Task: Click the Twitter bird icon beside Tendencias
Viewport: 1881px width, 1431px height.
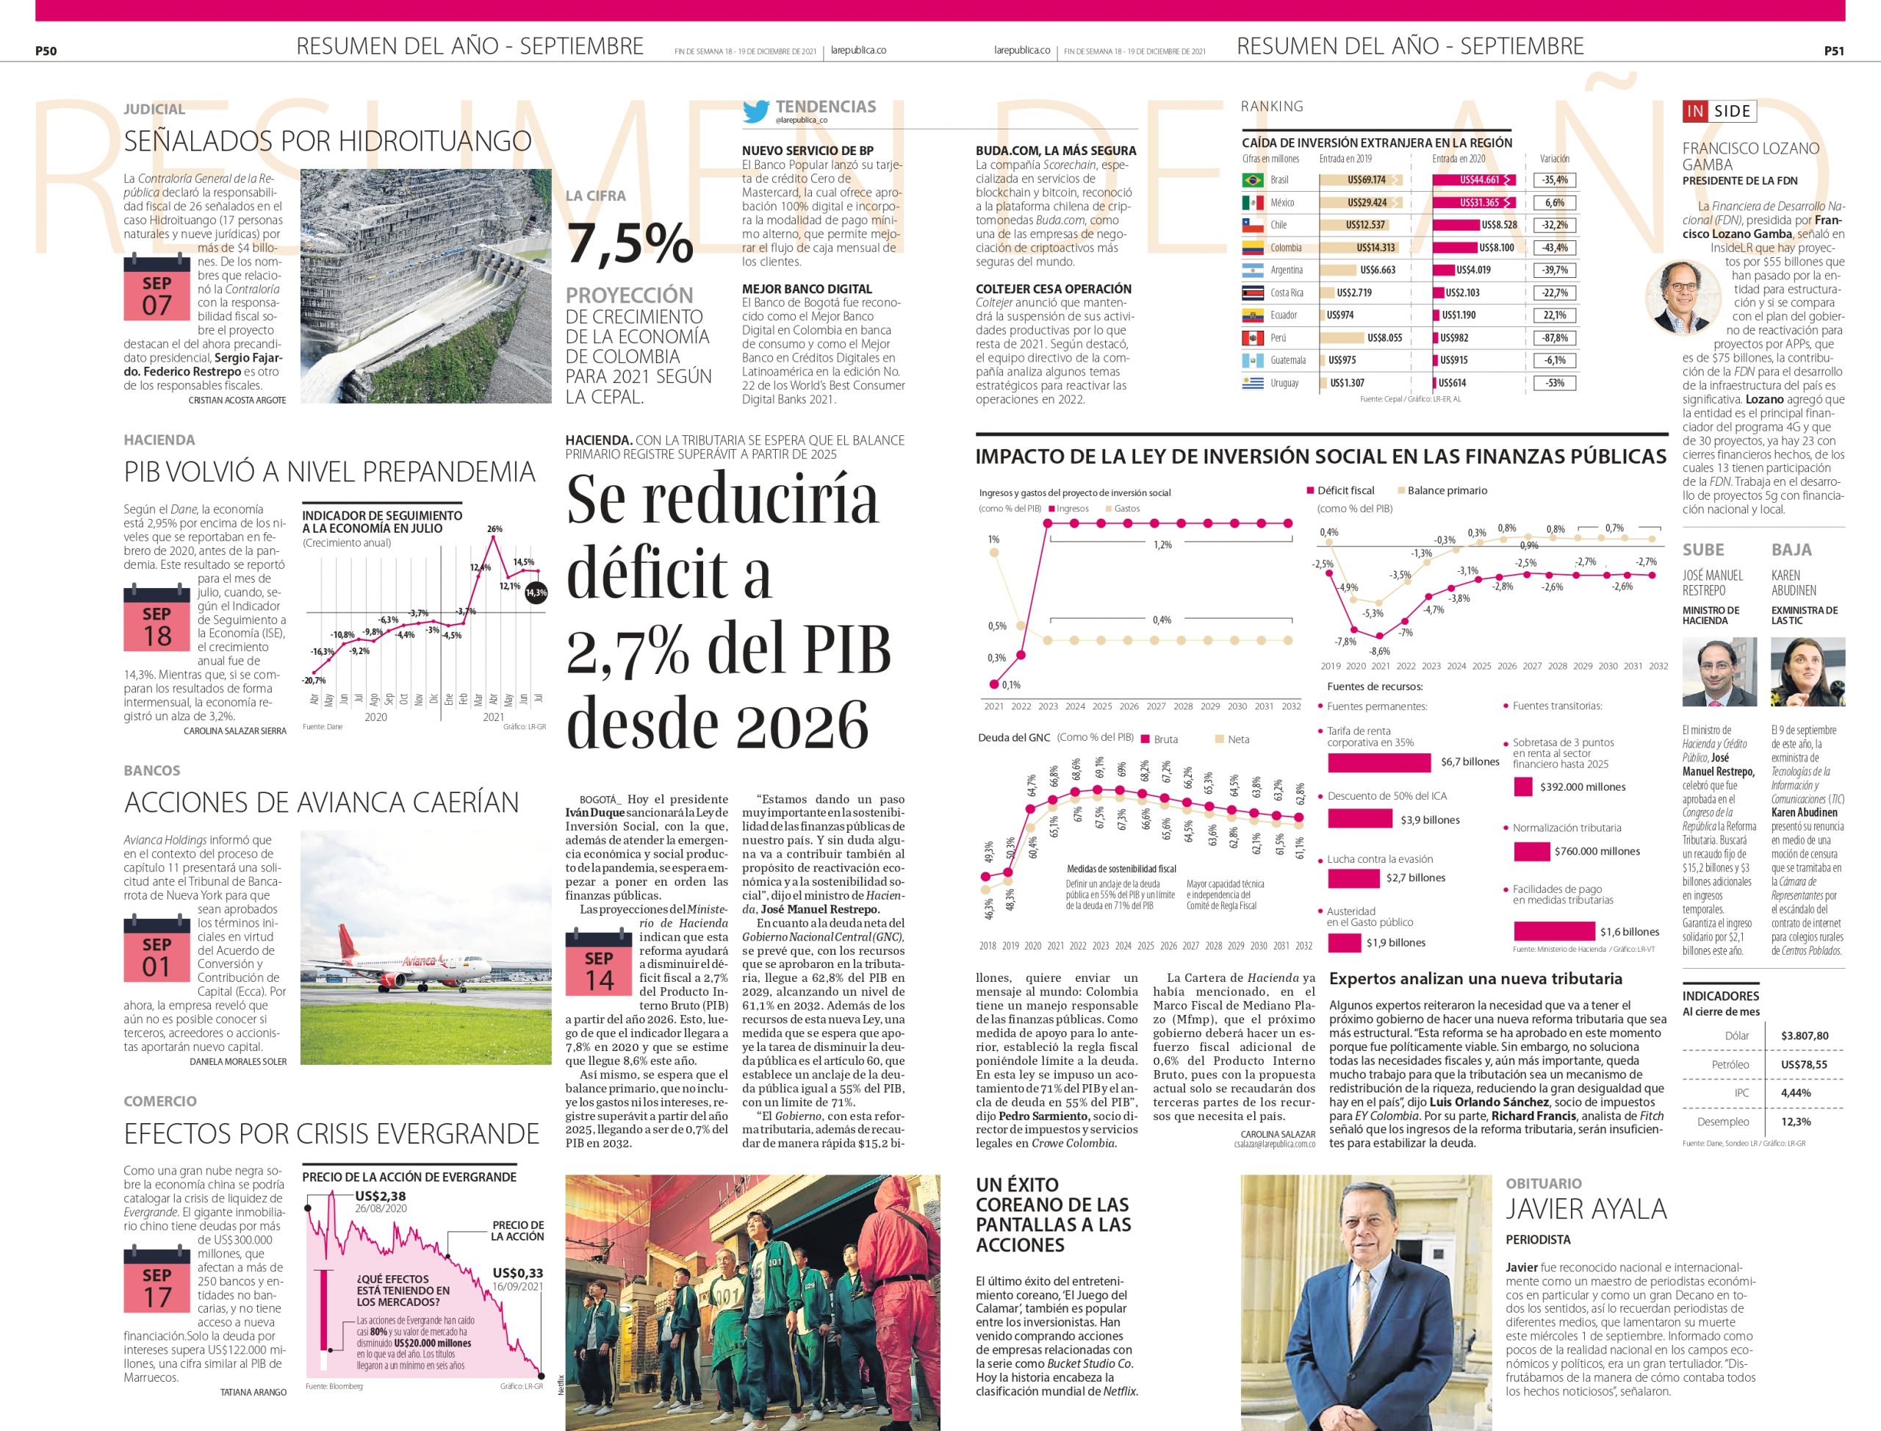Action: pos(755,112)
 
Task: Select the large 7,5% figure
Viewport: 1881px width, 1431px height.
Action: pos(630,243)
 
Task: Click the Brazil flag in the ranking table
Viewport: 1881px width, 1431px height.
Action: pos(1253,181)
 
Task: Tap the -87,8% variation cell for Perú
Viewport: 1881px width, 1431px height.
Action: pos(1555,338)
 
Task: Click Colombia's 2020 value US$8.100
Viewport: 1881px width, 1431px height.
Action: pos(1496,248)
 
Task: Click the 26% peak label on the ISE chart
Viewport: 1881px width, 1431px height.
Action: pos(494,529)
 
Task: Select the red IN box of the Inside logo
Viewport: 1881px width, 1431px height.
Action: pos(1695,111)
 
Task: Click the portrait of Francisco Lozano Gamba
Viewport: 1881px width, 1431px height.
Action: pos(1683,296)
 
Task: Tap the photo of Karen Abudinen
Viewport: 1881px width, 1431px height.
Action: pos(1807,671)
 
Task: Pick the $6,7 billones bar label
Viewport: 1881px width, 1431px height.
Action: pos(1470,762)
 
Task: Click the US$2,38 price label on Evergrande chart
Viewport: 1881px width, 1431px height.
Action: pos(381,1196)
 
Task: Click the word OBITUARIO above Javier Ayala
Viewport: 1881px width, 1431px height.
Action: pos(1543,1183)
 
